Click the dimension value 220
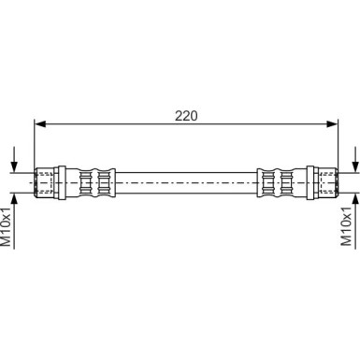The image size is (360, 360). click(186, 116)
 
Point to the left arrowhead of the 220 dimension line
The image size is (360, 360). click(40, 124)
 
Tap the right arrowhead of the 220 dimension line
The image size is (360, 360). click(332, 124)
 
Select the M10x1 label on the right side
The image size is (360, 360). click(346, 225)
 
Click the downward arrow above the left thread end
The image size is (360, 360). click(14, 159)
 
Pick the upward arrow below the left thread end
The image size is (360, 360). click(14, 221)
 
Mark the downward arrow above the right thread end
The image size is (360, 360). click(356, 159)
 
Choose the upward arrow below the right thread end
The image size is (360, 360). click(356, 221)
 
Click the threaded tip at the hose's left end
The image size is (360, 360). click(43, 182)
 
